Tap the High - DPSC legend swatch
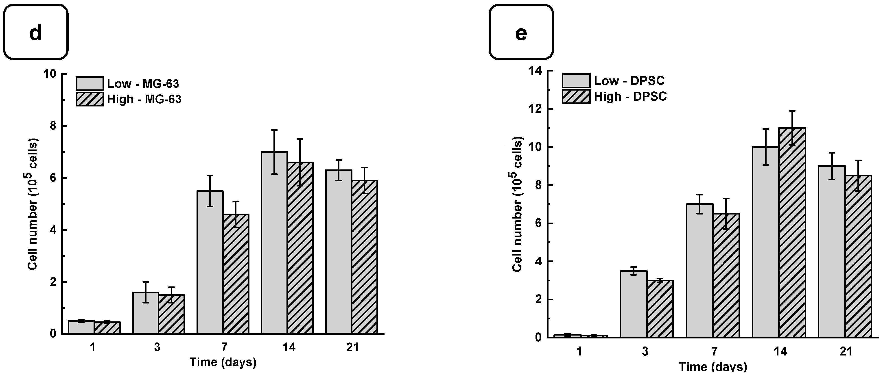coord(576,97)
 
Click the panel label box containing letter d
coord(36,32)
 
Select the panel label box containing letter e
coord(521,32)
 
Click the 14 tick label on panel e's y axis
coord(535,71)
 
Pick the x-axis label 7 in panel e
coord(714,352)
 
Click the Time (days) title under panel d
coord(223,362)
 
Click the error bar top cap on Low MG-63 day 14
coord(274,130)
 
